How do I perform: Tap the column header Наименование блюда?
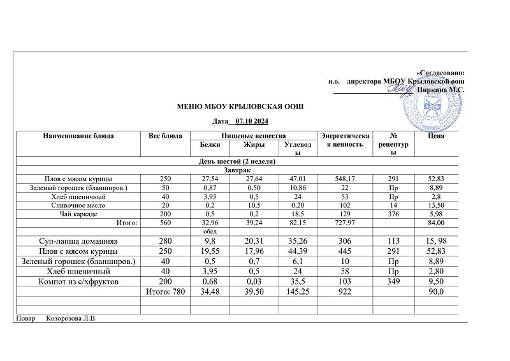point(78,136)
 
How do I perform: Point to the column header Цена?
point(437,136)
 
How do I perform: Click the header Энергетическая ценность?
point(345,140)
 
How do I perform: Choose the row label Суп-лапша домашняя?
point(79,242)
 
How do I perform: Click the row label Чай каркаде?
point(79,214)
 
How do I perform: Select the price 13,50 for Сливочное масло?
point(437,205)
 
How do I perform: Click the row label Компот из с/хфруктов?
point(79,281)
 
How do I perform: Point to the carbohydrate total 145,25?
point(296,291)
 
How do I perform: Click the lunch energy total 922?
point(345,291)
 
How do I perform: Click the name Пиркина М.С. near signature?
point(441,90)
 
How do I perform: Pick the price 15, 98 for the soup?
point(437,242)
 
